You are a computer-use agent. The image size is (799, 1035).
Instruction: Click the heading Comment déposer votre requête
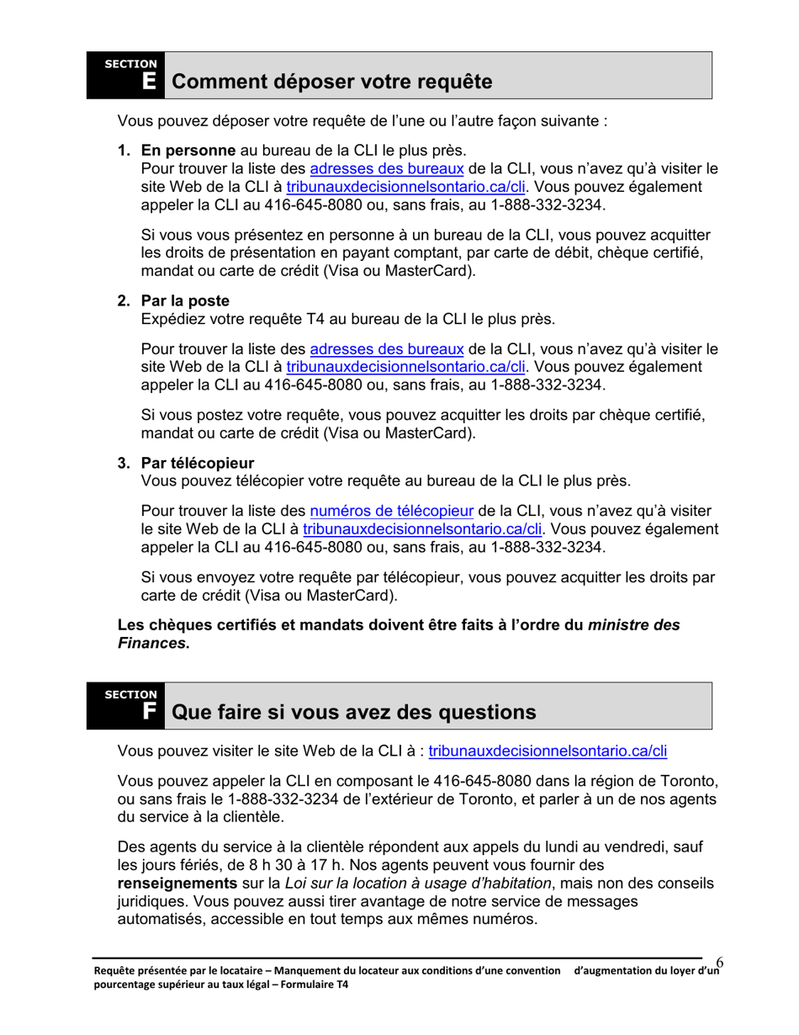pos(331,82)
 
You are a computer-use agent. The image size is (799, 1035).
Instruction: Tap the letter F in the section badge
pos(149,712)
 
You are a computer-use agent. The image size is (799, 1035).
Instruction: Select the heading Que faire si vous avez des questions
pos(353,712)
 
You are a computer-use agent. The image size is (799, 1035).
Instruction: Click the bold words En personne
pos(188,151)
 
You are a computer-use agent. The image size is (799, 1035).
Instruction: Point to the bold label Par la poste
pos(185,301)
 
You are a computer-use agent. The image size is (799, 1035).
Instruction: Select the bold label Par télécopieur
pos(198,464)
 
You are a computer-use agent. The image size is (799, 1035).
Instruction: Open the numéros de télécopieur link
pos(392,512)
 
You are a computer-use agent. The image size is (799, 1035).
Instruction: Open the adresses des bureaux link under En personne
pos(387,168)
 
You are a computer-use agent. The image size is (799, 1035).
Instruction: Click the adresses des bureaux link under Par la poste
pos(387,349)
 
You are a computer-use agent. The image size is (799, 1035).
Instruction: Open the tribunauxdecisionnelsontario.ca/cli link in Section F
pos(548,751)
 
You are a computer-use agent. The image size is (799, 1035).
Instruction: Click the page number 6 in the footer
pos(721,962)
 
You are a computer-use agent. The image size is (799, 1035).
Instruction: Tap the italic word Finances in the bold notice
pos(151,644)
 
